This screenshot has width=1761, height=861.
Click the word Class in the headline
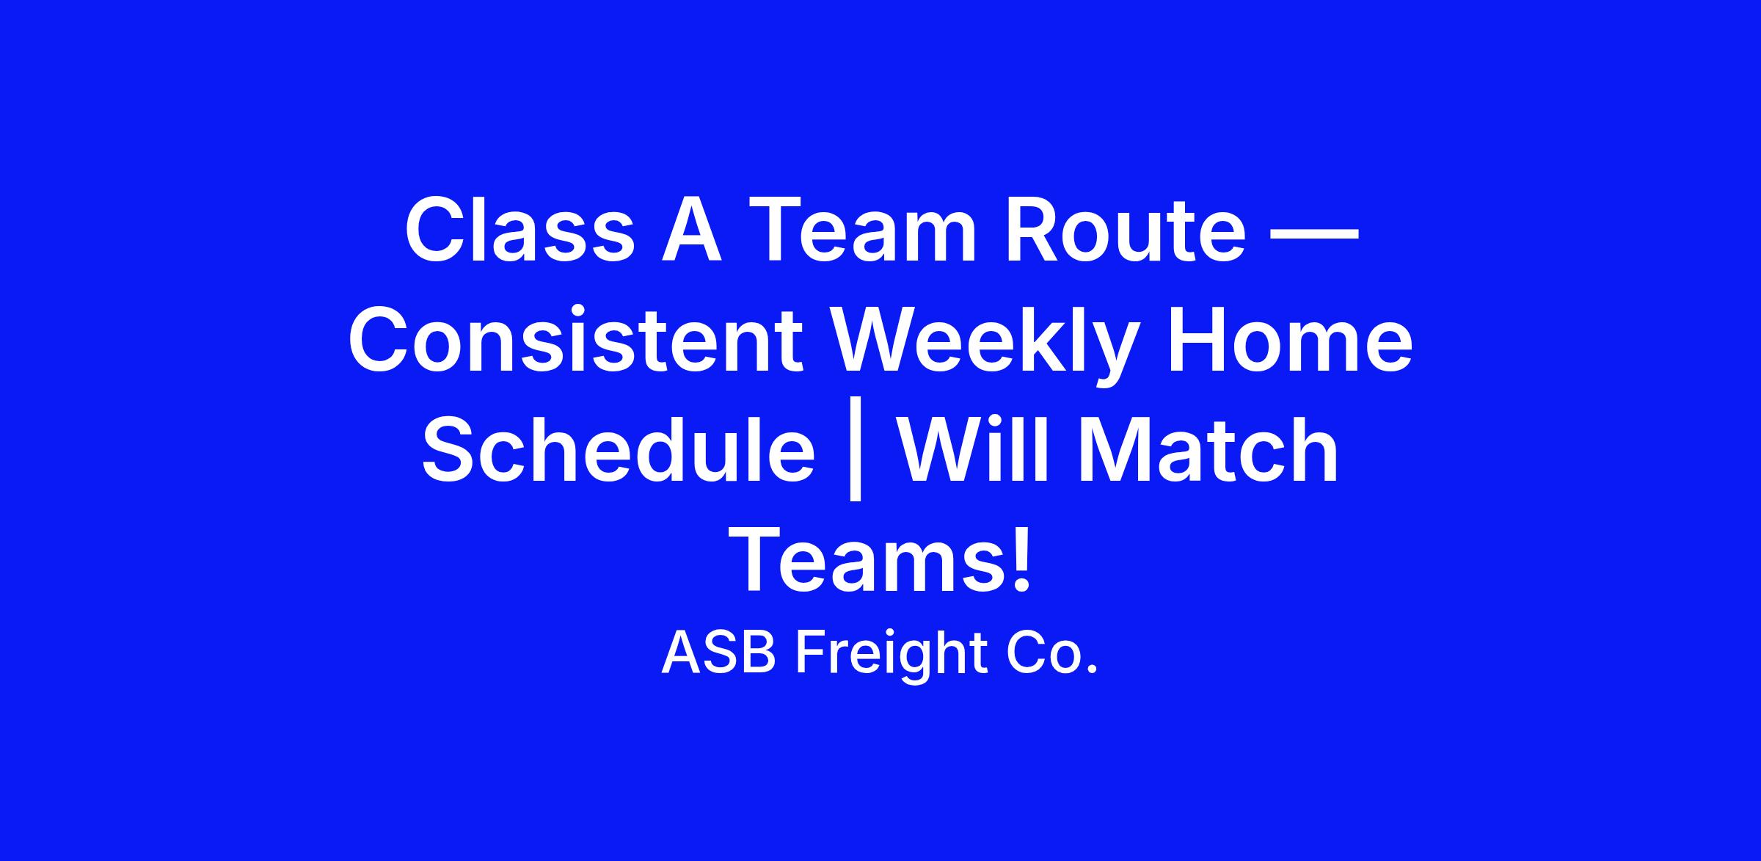(x=519, y=228)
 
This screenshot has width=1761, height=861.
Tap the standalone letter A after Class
(x=692, y=228)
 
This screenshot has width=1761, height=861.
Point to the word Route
(x=1126, y=228)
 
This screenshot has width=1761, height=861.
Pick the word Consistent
(x=575, y=340)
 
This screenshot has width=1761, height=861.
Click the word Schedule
(x=619, y=450)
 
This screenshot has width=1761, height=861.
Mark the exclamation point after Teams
(x=1022, y=559)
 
